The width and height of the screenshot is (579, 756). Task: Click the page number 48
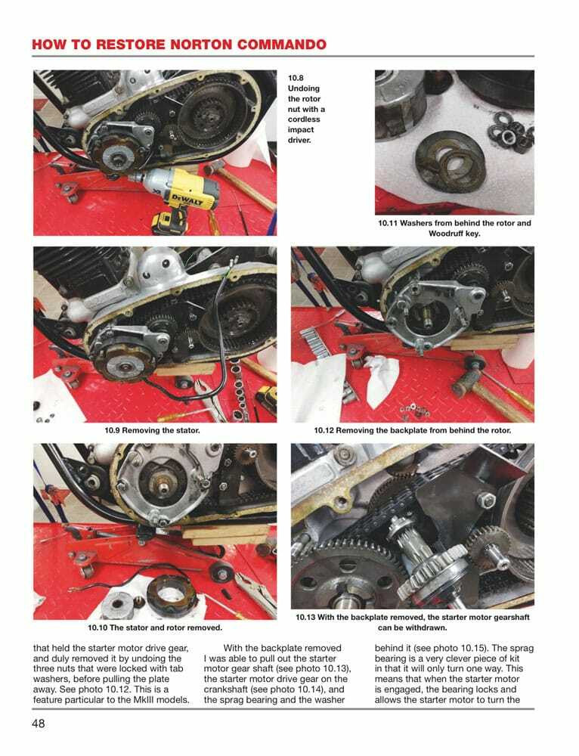coord(39,723)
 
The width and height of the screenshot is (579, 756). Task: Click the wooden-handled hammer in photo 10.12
coord(484,386)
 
